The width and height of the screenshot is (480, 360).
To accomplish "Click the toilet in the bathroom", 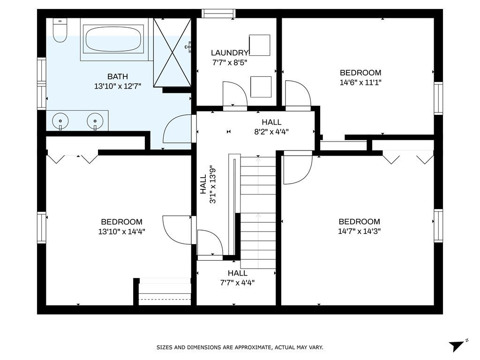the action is tap(60, 30).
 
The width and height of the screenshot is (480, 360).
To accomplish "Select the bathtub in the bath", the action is tap(113, 39).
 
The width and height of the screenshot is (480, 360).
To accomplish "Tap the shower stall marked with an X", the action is tap(172, 52).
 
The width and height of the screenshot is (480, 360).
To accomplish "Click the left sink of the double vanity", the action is tap(60, 121).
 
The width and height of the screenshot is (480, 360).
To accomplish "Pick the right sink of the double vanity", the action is tap(95, 121).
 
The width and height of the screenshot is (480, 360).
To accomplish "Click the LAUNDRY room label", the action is tap(229, 53).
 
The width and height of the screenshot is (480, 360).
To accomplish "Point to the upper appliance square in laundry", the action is tap(260, 45).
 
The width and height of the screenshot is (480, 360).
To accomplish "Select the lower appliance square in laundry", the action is tap(261, 87).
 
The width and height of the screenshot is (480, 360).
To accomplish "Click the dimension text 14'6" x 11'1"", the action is tap(360, 82).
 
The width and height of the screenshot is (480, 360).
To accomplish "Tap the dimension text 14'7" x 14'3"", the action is tap(359, 231).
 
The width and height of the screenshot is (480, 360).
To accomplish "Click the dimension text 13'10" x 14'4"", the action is tap(121, 232).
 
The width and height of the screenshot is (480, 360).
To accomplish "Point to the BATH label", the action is tap(118, 76).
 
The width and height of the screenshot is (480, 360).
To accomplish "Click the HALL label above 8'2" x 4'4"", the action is tap(271, 122).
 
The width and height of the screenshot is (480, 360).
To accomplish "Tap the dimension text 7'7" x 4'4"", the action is tap(238, 283).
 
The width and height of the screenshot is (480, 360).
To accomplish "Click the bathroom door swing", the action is tap(180, 129).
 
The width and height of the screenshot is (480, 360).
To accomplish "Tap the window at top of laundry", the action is tap(218, 14).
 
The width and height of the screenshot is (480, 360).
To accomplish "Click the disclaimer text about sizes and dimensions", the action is tap(240, 347).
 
